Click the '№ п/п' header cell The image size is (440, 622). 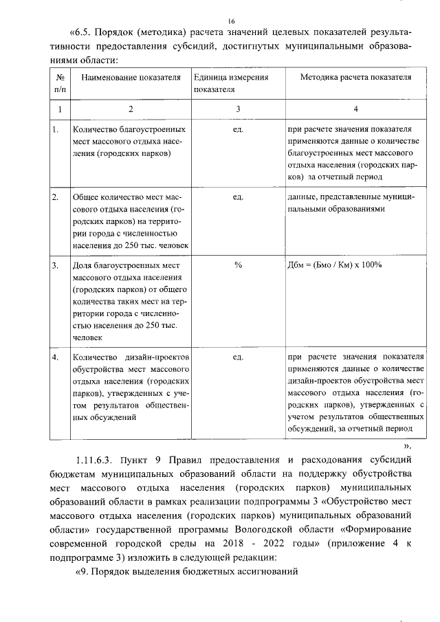point(60,83)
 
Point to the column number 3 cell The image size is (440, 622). point(238,109)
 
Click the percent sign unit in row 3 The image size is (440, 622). point(238,265)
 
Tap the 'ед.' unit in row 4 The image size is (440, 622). point(238,357)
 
